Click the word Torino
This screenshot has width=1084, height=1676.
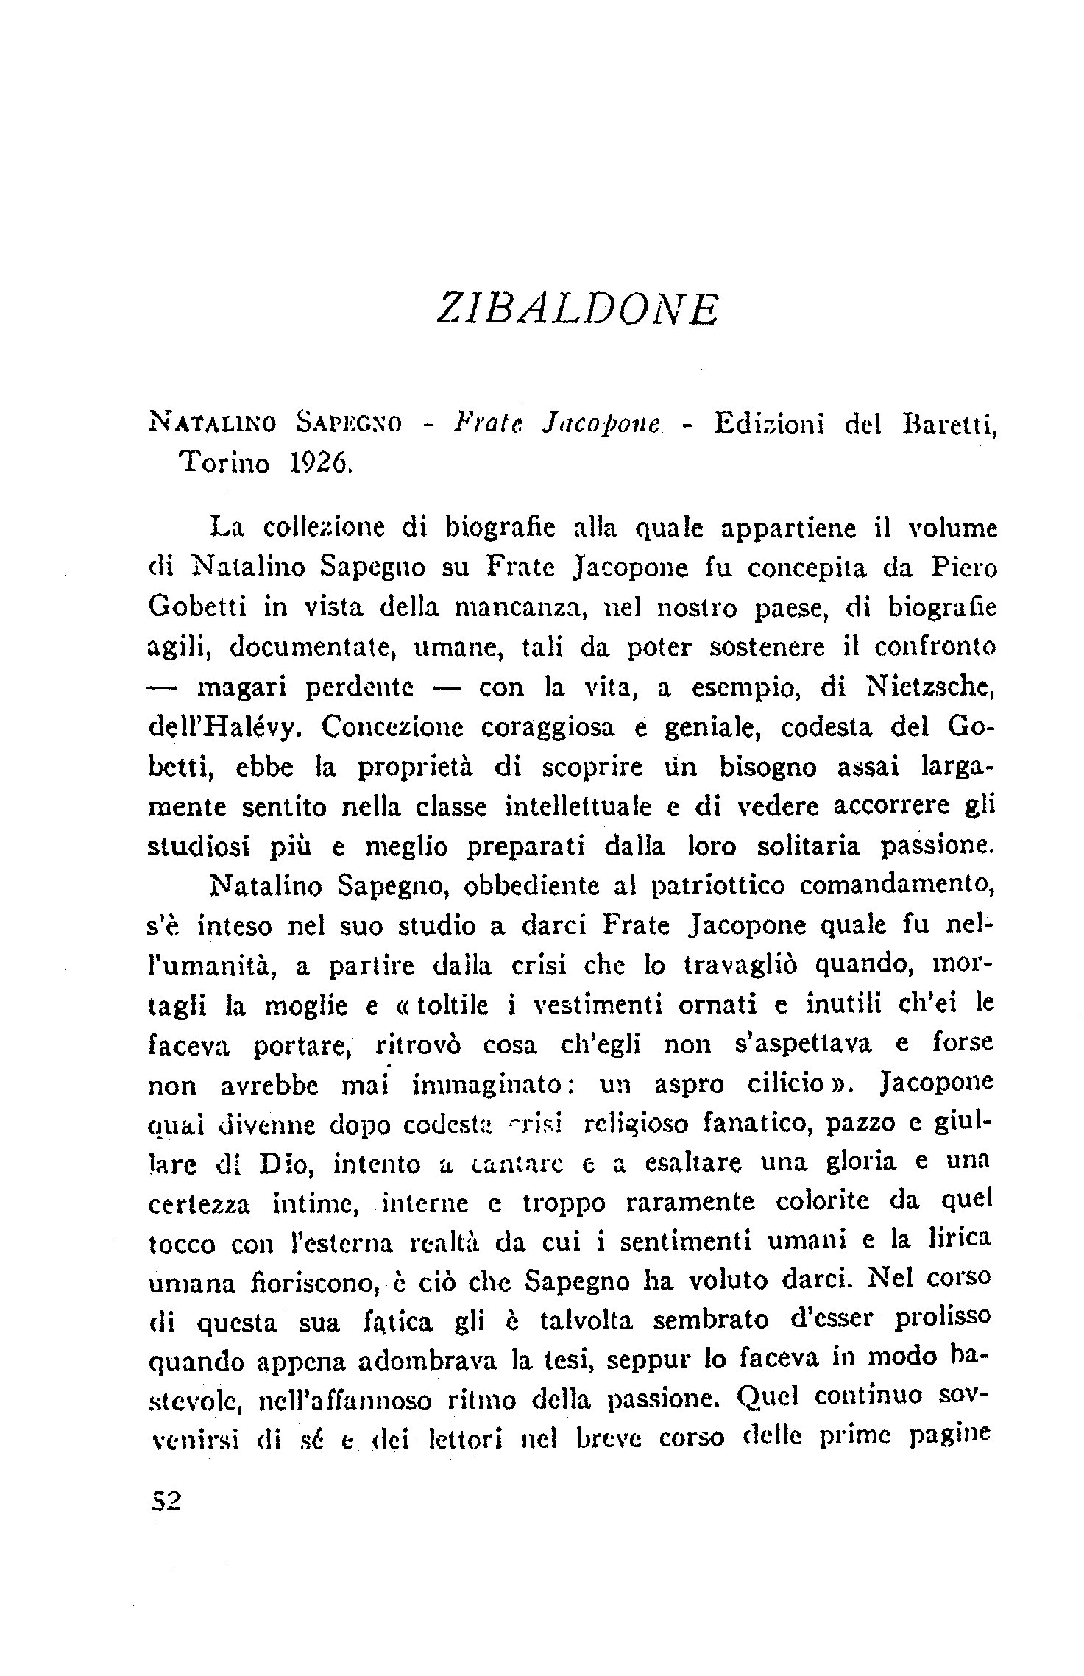pos(224,464)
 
